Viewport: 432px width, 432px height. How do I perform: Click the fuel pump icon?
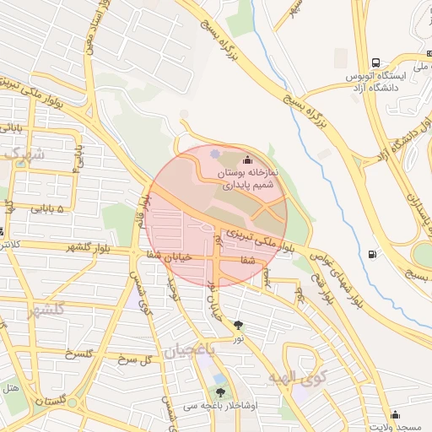coord(374,255)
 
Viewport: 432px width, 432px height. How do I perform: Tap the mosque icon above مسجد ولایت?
coord(395,414)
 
